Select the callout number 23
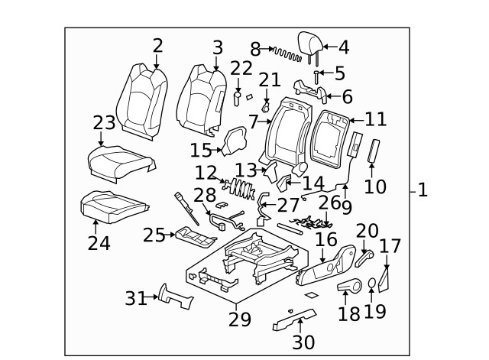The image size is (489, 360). coord(104,122)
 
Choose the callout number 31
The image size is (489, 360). coord(136,299)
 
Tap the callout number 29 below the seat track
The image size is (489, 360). coord(239,319)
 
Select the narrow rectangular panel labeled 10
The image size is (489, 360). coord(374,151)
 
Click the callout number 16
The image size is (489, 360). coord(326,240)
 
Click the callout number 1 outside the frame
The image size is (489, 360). coord(423,190)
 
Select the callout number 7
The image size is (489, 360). coord(253,122)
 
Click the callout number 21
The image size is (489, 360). coord(269,80)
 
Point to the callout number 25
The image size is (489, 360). coord(154,235)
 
